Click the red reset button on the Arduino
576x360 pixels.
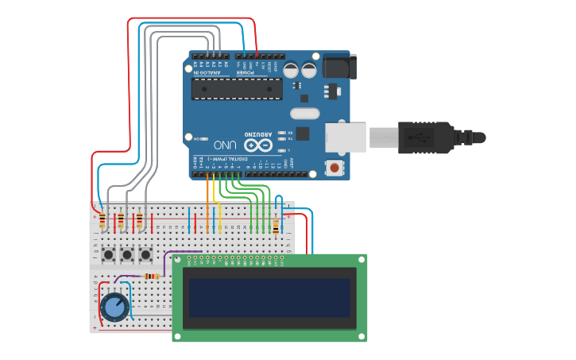tap(335, 168)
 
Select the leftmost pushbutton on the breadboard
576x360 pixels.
tap(107, 255)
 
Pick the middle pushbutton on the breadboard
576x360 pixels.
tap(126, 255)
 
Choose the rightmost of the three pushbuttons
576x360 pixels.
tap(145, 255)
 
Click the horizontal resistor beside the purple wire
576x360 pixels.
tap(151, 277)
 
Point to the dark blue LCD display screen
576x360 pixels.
tap(269, 296)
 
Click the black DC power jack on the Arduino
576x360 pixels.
tap(339, 66)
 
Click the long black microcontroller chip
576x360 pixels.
tap(236, 89)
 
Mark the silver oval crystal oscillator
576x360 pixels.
tap(304, 114)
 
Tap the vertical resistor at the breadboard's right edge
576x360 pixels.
tap(276, 228)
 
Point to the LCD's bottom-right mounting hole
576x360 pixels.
tap(362, 336)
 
